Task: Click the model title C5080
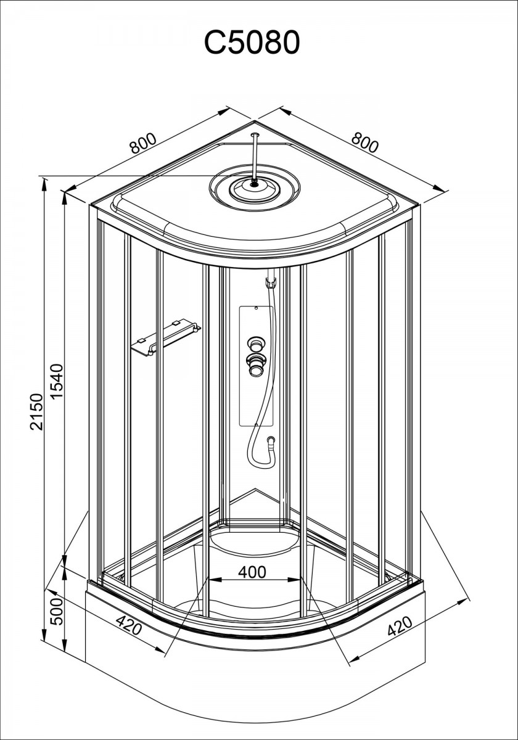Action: coord(252,43)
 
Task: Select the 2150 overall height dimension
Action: coord(36,411)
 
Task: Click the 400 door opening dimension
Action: coord(252,572)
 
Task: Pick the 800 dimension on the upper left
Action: coord(142,143)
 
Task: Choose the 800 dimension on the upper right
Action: coord(364,142)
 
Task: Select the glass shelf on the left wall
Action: coord(166,338)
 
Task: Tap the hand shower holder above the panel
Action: coord(271,282)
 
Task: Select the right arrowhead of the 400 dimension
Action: coord(294,580)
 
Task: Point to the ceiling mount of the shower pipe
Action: coord(255,134)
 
